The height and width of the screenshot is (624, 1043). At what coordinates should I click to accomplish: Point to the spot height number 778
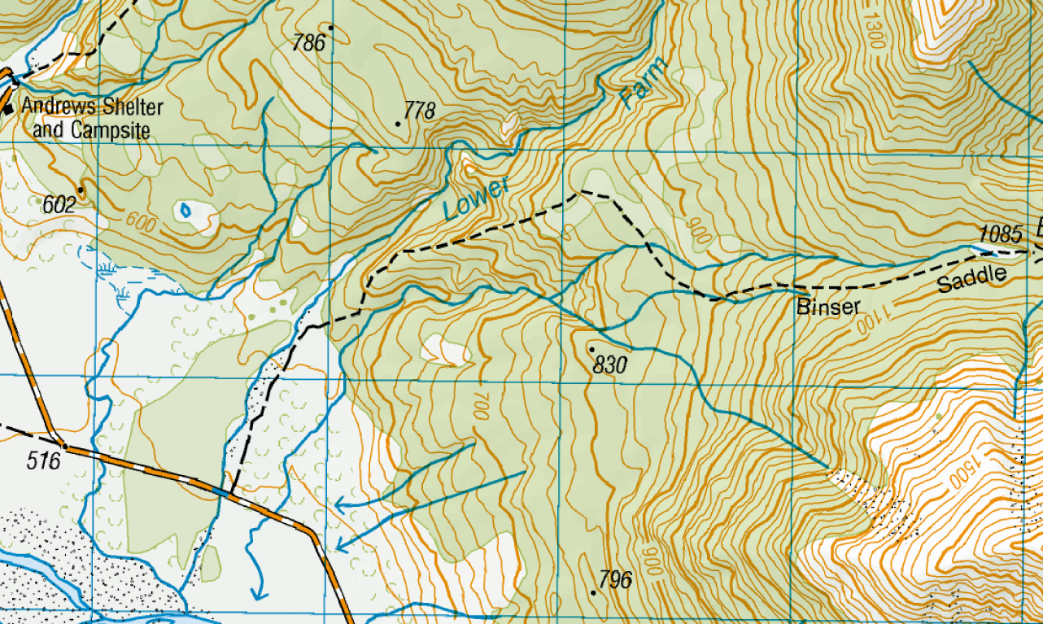click(x=420, y=111)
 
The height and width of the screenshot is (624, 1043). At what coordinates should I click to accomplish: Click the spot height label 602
click(x=59, y=205)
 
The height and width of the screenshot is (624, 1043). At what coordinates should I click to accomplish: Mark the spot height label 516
click(x=44, y=461)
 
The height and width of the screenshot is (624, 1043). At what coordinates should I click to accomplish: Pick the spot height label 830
click(x=609, y=366)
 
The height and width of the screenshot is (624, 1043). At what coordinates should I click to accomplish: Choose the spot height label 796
click(x=615, y=580)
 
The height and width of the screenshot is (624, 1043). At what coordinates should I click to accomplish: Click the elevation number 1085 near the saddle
click(x=1001, y=234)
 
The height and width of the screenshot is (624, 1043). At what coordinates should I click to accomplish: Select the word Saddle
click(x=971, y=281)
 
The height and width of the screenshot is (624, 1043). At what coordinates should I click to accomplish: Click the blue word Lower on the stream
click(x=477, y=198)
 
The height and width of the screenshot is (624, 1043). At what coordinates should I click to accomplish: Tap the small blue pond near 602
click(x=185, y=210)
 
